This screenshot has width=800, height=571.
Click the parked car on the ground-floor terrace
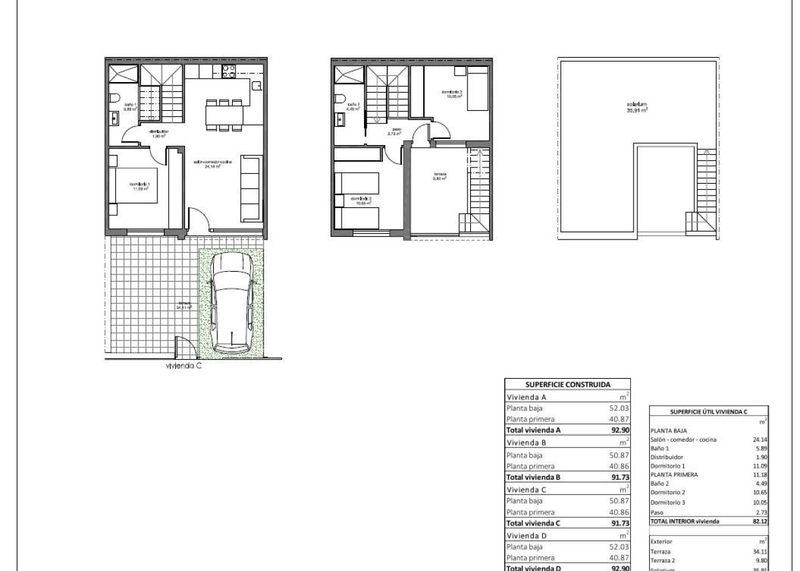click(233, 302)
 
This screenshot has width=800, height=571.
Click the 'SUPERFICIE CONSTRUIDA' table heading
click(568, 385)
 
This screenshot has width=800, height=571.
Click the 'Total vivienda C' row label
click(536, 524)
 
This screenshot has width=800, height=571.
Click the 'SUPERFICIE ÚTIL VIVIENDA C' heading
click(709, 412)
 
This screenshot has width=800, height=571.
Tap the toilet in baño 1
click(114, 99)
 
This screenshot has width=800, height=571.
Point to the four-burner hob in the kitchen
click(229, 71)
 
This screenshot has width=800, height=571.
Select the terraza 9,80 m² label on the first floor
click(439, 176)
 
